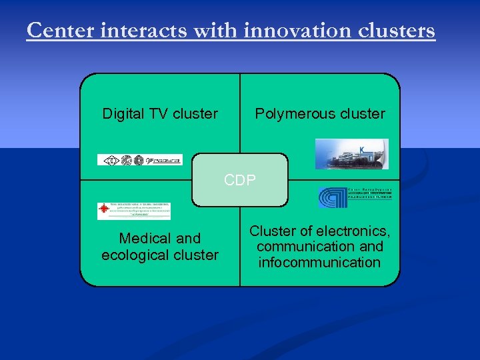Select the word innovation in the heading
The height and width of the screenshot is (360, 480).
pyautogui.click(x=296, y=31)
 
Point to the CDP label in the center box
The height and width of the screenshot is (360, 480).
pyautogui.click(x=240, y=181)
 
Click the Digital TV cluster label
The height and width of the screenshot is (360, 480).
pyautogui.click(x=160, y=114)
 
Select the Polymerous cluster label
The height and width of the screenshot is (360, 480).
pyautogui.click(x=320, y=114)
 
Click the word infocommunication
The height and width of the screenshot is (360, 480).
pyautogui.click(x=320, y=262)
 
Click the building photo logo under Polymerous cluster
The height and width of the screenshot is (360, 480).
pyautogui.click(x=351, y=154)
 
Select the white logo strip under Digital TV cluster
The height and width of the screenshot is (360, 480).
pyautogui.click(x=139, y=160)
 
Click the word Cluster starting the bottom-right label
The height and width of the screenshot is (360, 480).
pyautogui.click(x=272, y=231)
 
